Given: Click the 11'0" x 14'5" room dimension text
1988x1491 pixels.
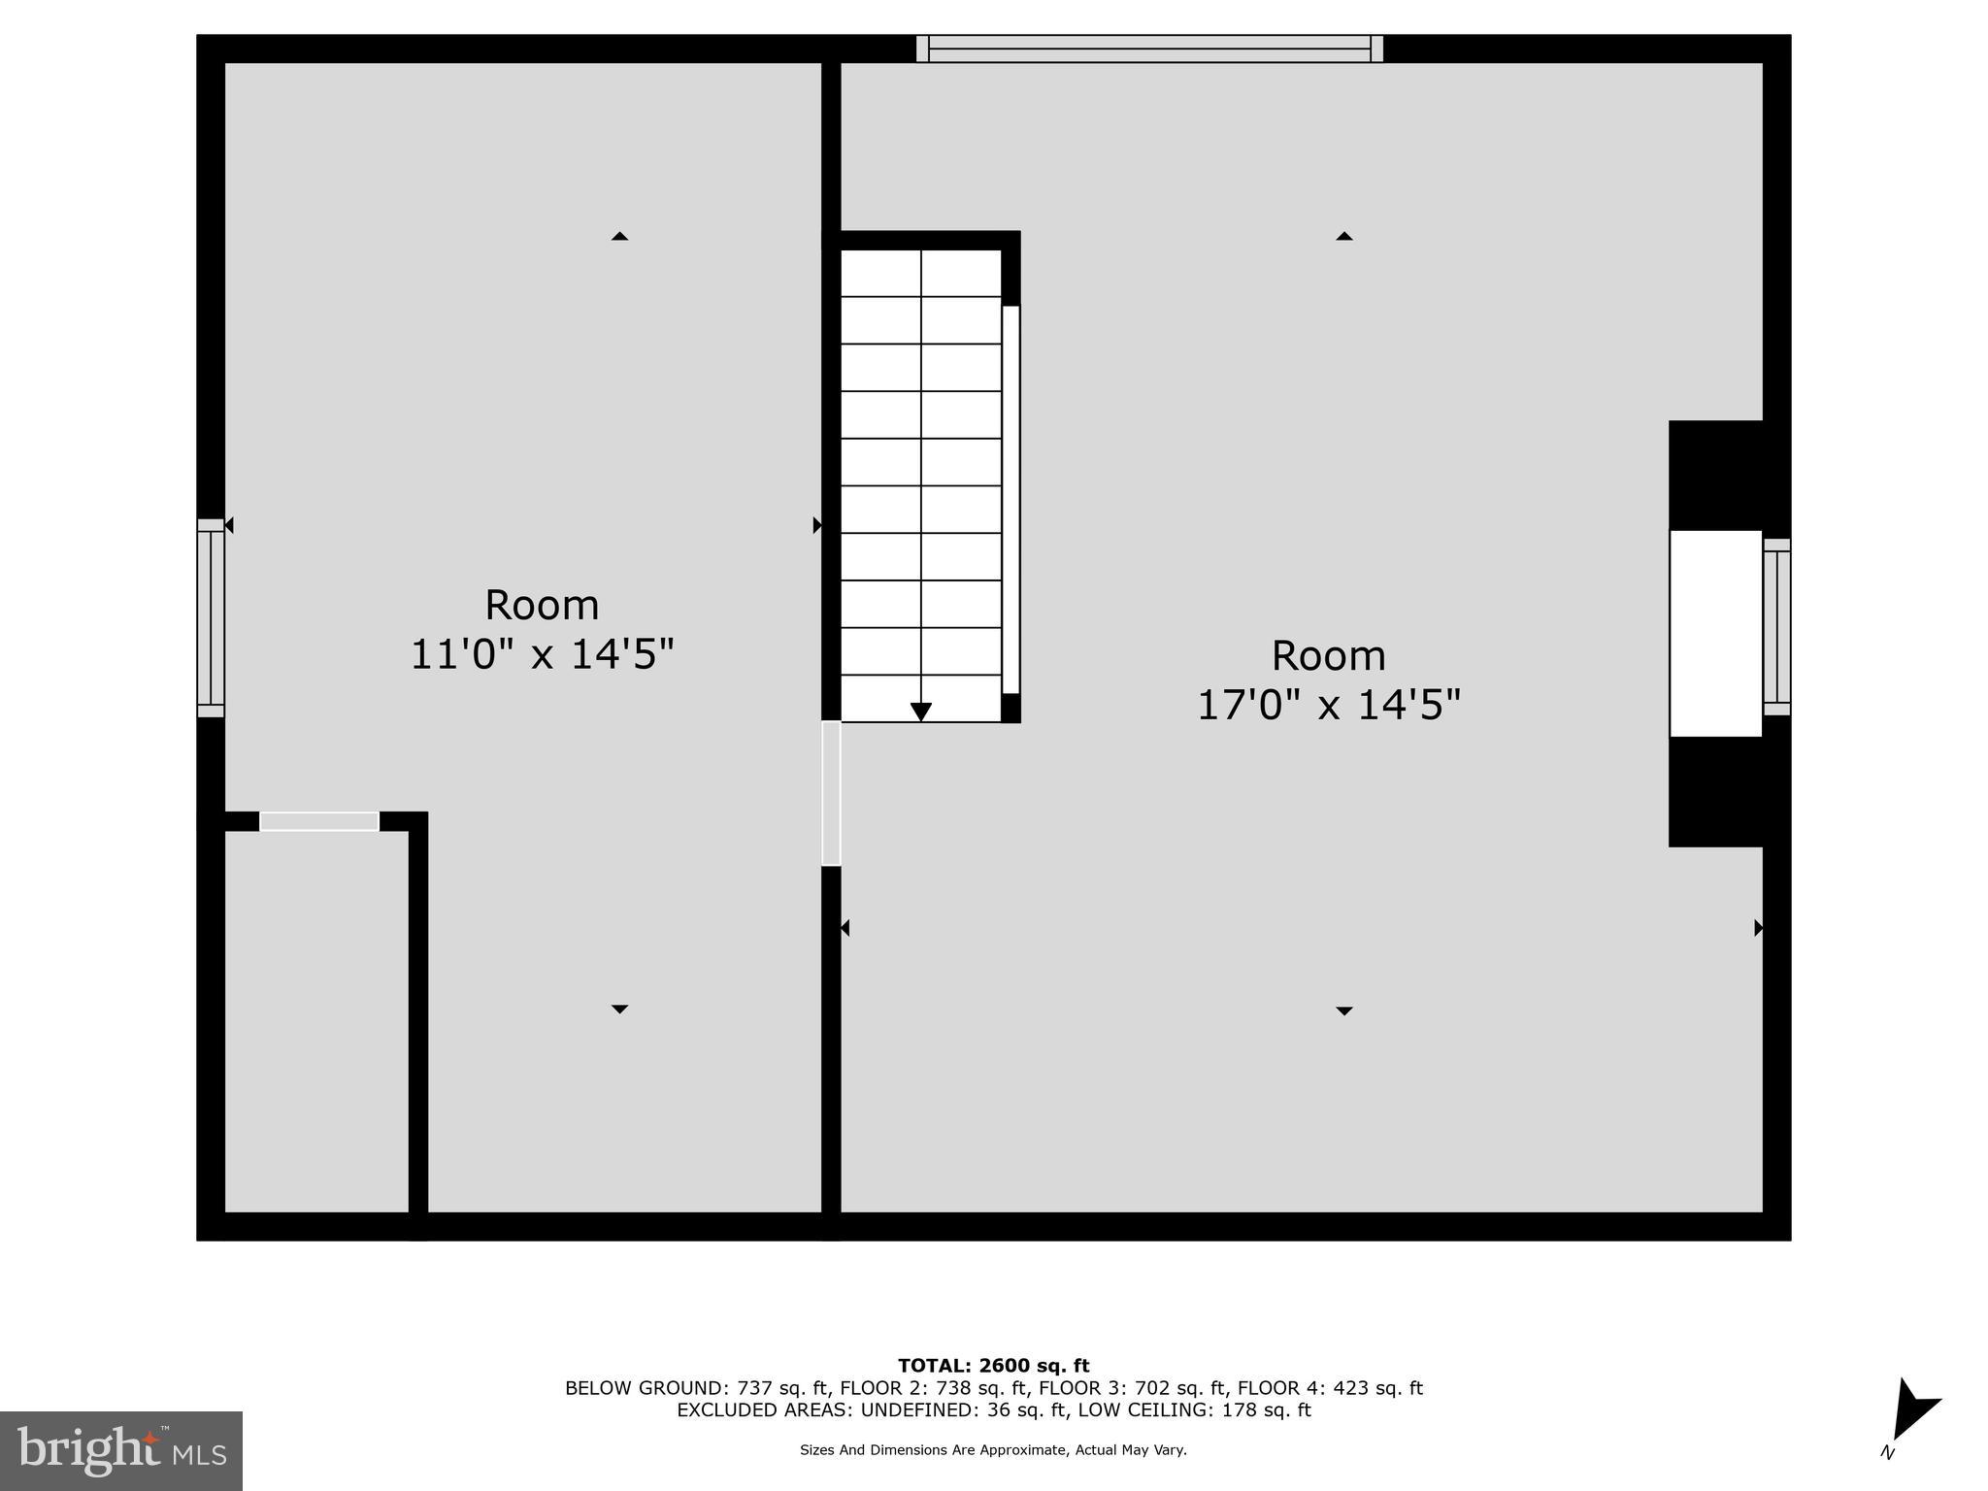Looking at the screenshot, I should [x=542, y=654].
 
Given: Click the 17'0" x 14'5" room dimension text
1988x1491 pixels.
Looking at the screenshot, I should [x=1328, y=705].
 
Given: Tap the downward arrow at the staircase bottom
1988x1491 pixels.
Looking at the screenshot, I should [x=921, y=712].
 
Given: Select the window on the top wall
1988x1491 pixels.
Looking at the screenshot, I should [x=1149, y=49].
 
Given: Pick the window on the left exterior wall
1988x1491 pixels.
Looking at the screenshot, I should [x=211, y=617].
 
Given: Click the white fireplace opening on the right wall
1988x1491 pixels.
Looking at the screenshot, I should [x=1715, y=633].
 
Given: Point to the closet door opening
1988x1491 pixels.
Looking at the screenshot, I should [x=319, y=821].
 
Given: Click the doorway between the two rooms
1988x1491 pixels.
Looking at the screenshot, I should [x=831, y=793].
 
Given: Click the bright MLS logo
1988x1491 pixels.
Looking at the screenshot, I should [x=121, y=1450].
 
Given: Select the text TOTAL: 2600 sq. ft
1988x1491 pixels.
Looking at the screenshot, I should [x=993, y=1367].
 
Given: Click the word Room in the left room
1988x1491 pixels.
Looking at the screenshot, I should [x=542, y=606].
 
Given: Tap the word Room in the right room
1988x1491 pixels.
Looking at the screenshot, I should [x=1328, y=656].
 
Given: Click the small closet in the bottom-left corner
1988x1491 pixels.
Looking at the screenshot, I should [x=316, y=1019].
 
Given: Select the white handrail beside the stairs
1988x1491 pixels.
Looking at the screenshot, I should [x=1011, y=500].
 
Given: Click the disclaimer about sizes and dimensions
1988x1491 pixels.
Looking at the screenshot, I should [x=993, y=1450].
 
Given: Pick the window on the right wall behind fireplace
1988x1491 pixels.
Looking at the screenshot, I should [x=1776, y=627].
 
